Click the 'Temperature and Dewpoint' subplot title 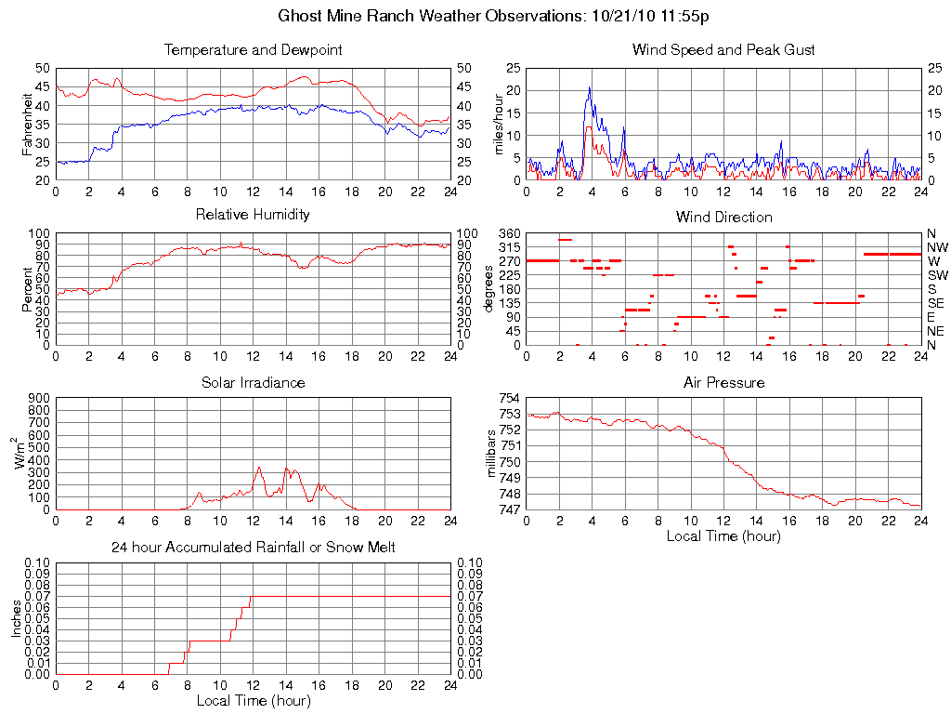[x=253, y=50]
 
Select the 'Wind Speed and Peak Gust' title [x=723, y=50]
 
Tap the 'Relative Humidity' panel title [x=253, y=215]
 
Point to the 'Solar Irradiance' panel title [x=253, y=383]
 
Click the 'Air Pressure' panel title [x=723, y=383]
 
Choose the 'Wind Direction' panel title [x=723, y=218]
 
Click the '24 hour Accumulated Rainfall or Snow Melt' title [x=253, y=548]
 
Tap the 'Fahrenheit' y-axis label [x=28, y=124]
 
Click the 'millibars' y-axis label [x=494, y=454]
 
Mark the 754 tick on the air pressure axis [x=511, y=399]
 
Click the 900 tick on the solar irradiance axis [x=39, y=399]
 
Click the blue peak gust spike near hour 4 [x=589, y=88]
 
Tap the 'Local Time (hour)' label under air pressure [x=723, y=535]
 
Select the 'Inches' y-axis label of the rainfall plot [x=17, y=618]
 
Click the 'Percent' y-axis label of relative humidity [x=28, y=289]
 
